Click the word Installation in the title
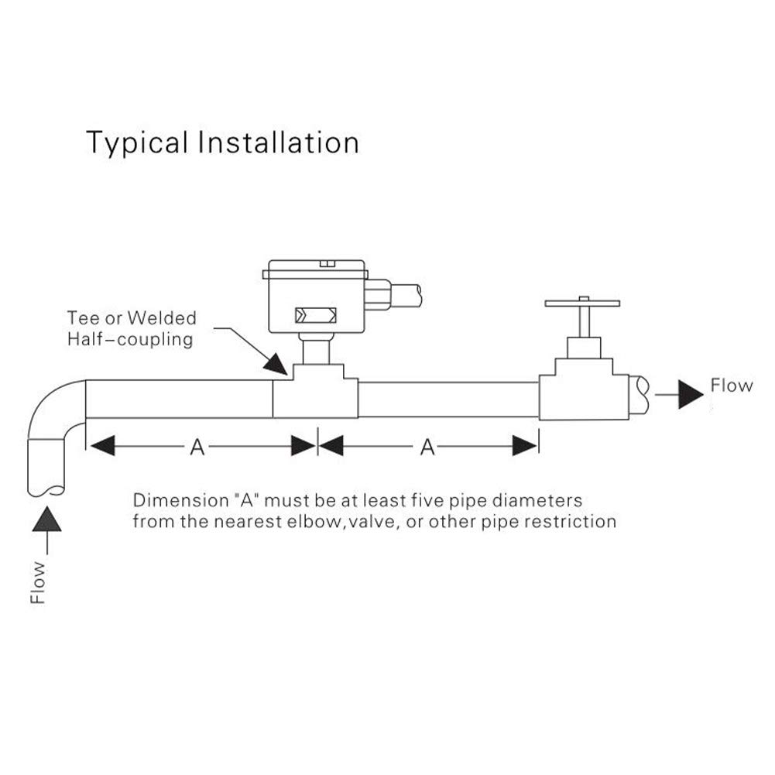click(x=278, y=142)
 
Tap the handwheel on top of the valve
click(x=582, y=303)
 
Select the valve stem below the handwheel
click(x=584, y=322)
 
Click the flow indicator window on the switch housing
click(x=316, y=315)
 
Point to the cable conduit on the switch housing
click(x=393, y=295)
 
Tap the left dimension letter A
click(x=197, y=447)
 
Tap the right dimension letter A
click(x=427, y=447)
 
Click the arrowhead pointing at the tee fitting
click(x=275, y=364)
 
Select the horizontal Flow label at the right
click(x=732, y=386)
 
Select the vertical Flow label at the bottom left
click(x=38, y=583)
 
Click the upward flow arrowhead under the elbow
click(x=47, y=519)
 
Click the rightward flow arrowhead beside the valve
click(x=691, y=394)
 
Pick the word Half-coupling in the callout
click(x=130, y=340)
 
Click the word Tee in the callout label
click(x=83, y=317)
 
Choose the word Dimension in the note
click(x=181, y=500)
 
